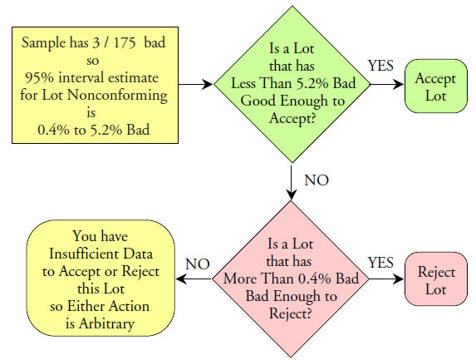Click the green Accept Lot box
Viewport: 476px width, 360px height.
click(x=436, y=86)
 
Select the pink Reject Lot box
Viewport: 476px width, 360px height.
click(x=436, y=279)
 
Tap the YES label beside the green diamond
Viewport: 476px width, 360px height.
click(x=380, y=66)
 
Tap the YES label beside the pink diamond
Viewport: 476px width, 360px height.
click(x=380, y=263)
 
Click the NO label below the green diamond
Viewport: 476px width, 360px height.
click(x=317, y=180)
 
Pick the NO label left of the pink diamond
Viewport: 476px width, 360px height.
click(x=198, y=264)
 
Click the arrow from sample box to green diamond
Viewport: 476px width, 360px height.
click(x=195, y=84)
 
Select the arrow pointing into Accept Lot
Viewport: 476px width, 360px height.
click(x=387, y=84)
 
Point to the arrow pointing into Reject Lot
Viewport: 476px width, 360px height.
click(x=386, y=279)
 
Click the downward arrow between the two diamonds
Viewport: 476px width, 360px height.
click(x=292, y=182)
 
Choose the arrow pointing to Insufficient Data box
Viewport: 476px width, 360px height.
click(x=194, y=279)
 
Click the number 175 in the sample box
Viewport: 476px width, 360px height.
click(x=125, y=42)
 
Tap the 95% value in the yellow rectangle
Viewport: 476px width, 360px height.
click(x=40, y=78)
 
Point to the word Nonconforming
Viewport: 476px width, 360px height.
click(x=117, y=96)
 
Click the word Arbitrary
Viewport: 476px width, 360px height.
click(x=106, y=324)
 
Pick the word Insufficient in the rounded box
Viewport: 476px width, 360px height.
click(x=86, y=254)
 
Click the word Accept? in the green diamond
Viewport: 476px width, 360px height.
click(x=292, y=119)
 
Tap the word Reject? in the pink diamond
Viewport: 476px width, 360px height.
click(x=291, y=314)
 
